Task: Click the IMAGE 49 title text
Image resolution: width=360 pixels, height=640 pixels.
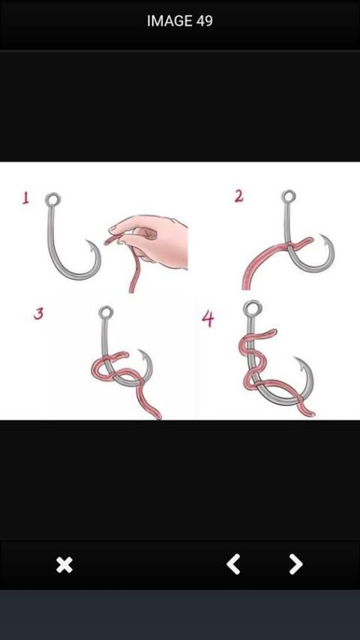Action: (x=180, y=21)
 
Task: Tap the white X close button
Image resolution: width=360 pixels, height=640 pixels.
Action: (x=64, y=565)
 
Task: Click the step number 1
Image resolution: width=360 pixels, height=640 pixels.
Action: (x=25, y=199)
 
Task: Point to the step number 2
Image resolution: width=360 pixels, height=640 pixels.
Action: (x=239, y=196)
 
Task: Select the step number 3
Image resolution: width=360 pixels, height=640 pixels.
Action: (x=38, y=313)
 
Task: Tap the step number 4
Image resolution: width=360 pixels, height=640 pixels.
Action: (x=208, y=319)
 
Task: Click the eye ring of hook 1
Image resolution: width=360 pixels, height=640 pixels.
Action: (x=52, y=199)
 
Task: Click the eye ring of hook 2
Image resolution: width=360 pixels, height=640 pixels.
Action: (x=289, y=196)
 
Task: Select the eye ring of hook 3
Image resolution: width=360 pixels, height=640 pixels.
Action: (x=106, y=313)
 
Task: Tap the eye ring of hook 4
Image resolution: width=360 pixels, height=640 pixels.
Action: (x=252, y=308)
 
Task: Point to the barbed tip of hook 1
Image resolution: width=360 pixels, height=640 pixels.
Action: (x=89, y=243)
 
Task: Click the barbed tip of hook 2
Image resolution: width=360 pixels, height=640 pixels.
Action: (x=322, y=237)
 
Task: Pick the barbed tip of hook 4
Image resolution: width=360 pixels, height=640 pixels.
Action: (x=297, y=360)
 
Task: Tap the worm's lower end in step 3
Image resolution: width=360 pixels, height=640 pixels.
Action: (x=157, y=416)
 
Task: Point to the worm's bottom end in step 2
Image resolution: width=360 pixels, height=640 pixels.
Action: (x=246, y=286)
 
